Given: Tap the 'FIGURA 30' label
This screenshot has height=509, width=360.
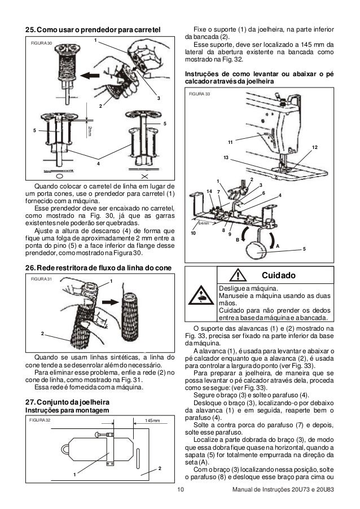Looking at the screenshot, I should point(40,43).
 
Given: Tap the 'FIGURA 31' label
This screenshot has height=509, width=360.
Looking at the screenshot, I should point(40,279).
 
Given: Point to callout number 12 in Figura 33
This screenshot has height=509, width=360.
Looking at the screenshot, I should point(315,147).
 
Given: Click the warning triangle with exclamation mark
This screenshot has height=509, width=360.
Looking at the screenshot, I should point(240,275).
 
